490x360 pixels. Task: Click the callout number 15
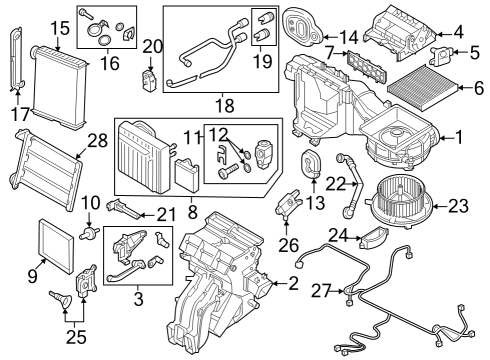click(60, 28)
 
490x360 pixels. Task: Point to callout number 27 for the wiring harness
click(322, 291)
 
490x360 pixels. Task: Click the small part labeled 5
click(441, 54)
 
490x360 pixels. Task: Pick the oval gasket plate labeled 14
click(302, 28)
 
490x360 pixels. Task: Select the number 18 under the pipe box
click(225, 106)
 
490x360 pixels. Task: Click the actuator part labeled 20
click(149, 79)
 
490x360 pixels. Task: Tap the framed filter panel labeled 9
click(56, 246)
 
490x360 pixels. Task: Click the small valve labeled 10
click(89, 232)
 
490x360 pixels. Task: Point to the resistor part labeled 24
click(375, 237)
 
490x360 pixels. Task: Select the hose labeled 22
click(351, 186)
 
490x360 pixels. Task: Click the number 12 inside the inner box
click(218, 134)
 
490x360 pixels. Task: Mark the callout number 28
click(98, 141)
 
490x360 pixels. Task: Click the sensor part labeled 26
click(288, 204)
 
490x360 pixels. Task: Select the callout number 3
click(138, 298)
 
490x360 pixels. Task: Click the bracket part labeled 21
click(123, 208)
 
